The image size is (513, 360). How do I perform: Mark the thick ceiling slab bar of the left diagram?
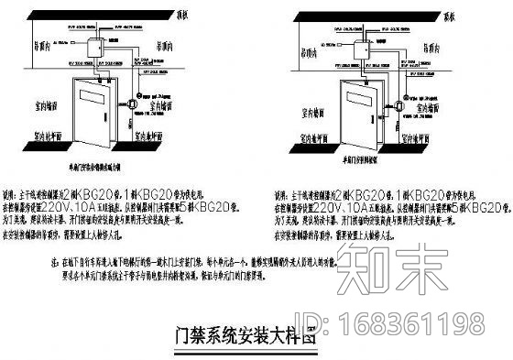coord(101,18)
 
